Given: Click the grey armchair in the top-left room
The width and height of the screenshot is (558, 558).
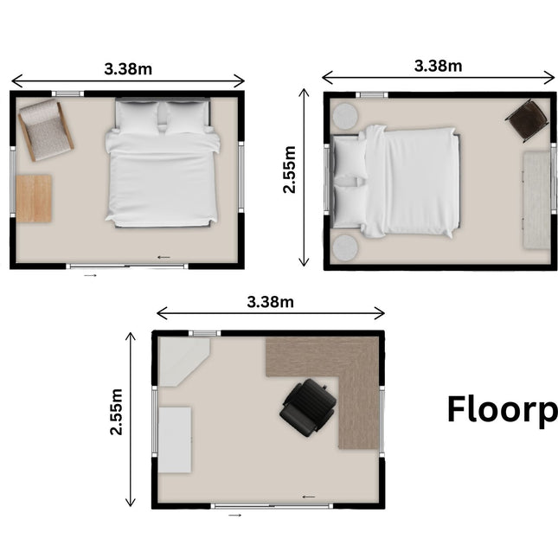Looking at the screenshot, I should (x=45, y=129).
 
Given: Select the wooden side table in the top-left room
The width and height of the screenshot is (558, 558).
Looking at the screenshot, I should (x=34, y=198).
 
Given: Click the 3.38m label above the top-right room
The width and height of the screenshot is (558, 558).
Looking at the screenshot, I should (x=438, y=65).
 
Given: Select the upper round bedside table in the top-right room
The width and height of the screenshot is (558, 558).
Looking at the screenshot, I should (x=345, y=115).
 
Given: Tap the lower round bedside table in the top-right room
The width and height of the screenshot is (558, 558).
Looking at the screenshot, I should (x=345, y=247).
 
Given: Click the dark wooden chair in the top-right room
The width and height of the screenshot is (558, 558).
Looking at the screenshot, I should (x=527, y=120).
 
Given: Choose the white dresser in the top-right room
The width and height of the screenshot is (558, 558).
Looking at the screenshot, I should (x=536, y=200).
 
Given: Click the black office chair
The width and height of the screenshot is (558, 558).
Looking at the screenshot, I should (x=309, y=405).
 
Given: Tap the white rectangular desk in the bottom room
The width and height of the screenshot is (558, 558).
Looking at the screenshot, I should (x=174, y=439).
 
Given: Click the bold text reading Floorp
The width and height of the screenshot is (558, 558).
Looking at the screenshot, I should (x=501, y=410).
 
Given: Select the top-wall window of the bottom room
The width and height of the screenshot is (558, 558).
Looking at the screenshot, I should (x=204, y=333).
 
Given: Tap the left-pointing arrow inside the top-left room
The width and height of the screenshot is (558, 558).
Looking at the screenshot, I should (x=164, y=257).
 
